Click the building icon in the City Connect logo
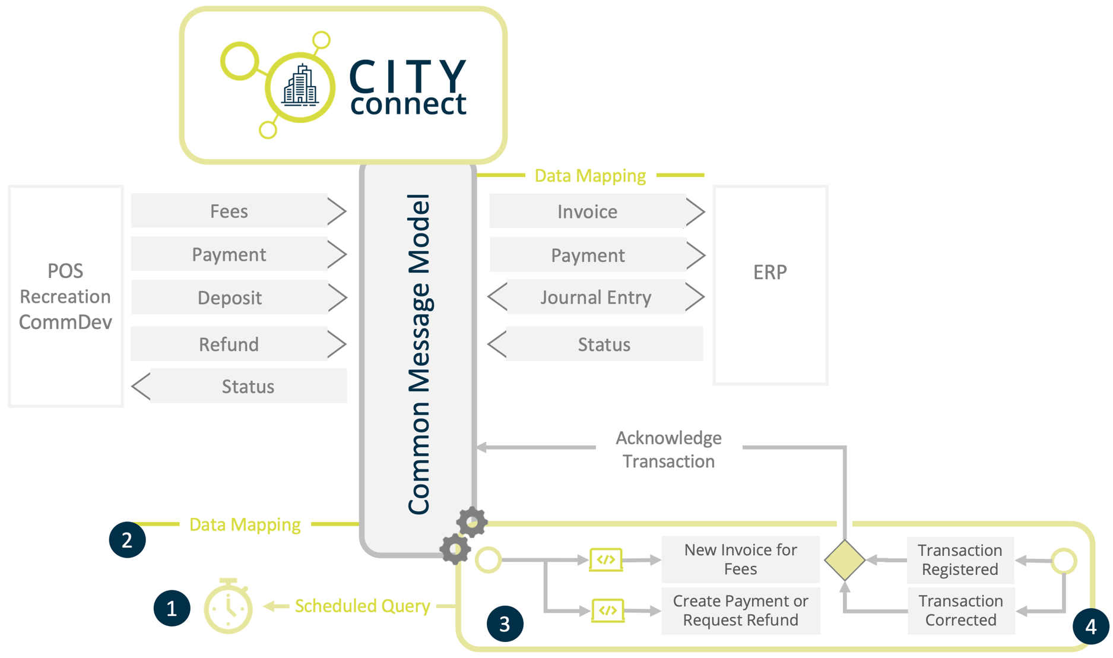(300, 87)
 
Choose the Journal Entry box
(595, 297)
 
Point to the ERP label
(770, 272)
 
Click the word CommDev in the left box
(65, 322)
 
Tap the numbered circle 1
(172, 608)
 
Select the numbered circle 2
(127, 540)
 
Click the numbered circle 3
(505, 624)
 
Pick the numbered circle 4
(1090, 626)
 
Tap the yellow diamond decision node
(844, 559)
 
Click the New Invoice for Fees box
(740, 559)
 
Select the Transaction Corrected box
(960, 610)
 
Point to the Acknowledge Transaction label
(668, 449)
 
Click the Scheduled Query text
(362, 606)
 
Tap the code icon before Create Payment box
(607, 610)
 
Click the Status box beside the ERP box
(604, 344)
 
